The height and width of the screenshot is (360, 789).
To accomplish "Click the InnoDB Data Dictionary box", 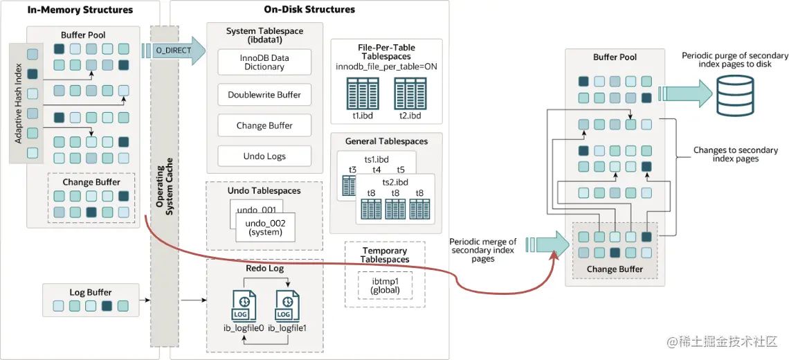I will [264, 62].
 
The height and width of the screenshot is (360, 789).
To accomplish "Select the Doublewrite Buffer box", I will [264, 95].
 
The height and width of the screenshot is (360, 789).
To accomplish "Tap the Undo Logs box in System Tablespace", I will [264, 156].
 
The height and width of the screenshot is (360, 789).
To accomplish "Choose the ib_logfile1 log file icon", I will [287, 306].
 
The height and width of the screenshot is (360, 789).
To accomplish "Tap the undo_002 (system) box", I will [266, 227].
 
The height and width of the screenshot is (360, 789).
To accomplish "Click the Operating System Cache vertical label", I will [164, 187].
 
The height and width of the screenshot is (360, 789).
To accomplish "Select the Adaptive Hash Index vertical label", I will [19, 104].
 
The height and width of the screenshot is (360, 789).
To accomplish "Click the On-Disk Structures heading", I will [309, 10].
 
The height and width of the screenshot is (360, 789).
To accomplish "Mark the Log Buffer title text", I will [90, 292].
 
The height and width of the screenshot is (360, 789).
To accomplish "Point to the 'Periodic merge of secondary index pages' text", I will [483, 250].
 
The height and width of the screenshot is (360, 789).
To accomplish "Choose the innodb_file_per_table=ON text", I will [386, 66].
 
